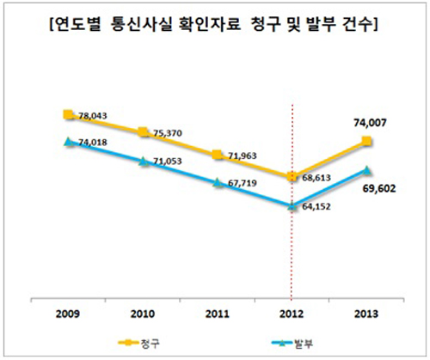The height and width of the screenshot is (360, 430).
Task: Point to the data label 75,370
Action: pos(169,133)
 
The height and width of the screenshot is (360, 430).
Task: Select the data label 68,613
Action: pos(318,177)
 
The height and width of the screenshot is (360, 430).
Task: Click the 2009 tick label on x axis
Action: pos(69,311)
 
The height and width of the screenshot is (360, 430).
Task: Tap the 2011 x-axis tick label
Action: pos(218,311)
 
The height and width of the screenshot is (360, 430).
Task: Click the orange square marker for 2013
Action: pos(367,141)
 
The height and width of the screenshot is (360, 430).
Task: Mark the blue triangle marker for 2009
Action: pos(69,143)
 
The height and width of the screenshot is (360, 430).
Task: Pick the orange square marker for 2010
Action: pos(144,132)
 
